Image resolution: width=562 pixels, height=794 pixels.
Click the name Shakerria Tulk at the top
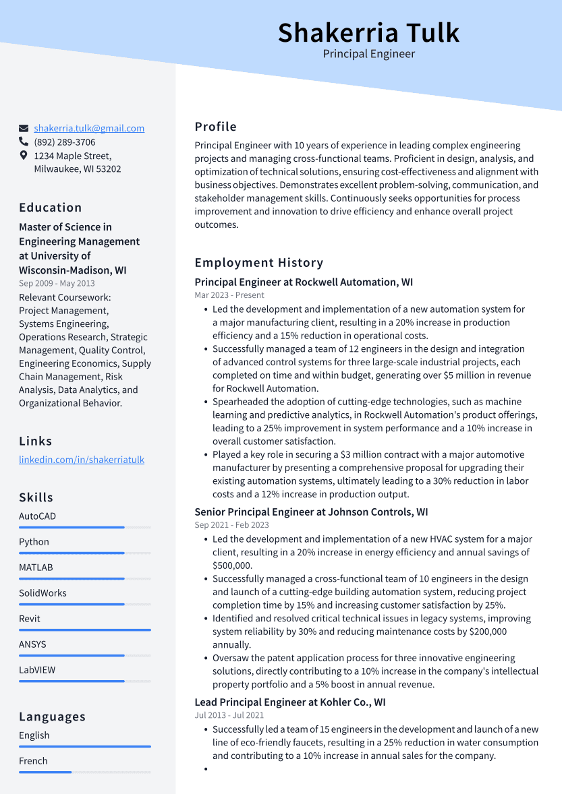368,32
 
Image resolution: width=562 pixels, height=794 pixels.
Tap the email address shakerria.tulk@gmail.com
89,128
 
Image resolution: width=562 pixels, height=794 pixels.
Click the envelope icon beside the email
24,128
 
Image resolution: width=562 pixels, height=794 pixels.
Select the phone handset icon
24,142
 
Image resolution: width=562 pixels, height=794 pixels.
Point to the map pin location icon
24,156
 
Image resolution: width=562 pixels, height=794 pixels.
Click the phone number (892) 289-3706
65,142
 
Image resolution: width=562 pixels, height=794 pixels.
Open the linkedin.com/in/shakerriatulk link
82,460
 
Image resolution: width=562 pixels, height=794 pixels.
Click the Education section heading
51,208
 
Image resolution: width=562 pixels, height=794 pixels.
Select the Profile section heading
216,127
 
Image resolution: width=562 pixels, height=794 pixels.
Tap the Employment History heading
259,263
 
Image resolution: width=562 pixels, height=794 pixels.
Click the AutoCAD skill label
37,516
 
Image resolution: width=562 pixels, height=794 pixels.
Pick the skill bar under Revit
84,630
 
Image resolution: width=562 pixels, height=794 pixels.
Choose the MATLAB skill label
36,568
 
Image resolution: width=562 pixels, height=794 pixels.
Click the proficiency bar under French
46,772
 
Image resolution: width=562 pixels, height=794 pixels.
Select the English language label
34,735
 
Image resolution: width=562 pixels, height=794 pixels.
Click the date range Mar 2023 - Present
229,295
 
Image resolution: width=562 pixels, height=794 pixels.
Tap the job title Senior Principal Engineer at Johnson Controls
311,512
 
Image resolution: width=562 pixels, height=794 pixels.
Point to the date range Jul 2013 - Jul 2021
229,715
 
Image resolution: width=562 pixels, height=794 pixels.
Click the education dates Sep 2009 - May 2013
57,284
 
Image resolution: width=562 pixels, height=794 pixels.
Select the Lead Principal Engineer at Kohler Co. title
290,702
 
